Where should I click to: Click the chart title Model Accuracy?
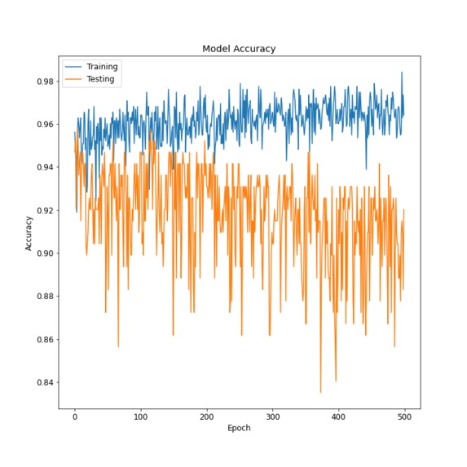pos(239,49)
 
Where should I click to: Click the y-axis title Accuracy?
pos(29,232)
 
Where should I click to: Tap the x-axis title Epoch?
pos(239,428)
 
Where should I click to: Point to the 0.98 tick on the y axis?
pos(43,82)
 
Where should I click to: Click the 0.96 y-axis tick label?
pos(43,125)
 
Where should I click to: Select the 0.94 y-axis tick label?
pos(43,167)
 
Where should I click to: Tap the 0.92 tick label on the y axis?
pos(43,210)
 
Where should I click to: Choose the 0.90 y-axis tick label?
pos(43,253)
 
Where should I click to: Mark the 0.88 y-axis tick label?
pos(43,297)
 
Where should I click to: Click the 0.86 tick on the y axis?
pos(43,340)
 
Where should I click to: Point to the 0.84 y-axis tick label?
pos(43,382)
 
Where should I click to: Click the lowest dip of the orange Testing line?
pos(320,393)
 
